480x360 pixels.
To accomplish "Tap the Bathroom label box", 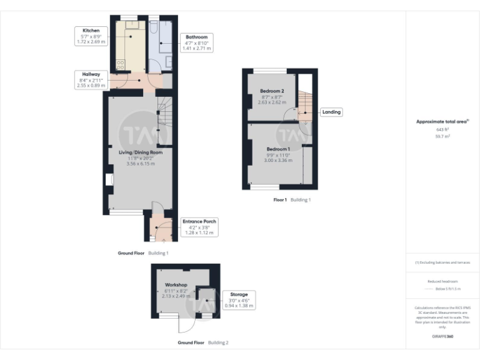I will pos(196,42).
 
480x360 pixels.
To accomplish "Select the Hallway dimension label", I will pos(91,80).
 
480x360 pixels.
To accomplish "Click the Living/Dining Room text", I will pos(141,152).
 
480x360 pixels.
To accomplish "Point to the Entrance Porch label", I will pos(199,227).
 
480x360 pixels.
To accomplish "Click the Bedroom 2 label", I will pos(272,91).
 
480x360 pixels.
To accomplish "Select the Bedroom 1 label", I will pos(277,149).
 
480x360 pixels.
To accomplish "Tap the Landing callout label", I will pos(331,112).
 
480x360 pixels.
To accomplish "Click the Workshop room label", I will pos(176,285).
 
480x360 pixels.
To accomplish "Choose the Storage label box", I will pos(238,299).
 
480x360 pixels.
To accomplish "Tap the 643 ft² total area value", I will pos(442,129).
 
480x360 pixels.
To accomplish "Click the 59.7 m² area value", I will pos(442,136).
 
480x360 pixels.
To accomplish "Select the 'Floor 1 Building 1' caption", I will pos(291,200).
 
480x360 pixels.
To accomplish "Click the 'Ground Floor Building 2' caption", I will pos(202,343).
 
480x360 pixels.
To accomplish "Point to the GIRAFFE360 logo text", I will pos(442,337).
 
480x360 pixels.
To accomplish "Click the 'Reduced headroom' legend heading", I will pos(442,282).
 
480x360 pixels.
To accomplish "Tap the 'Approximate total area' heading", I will pos(442,121).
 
